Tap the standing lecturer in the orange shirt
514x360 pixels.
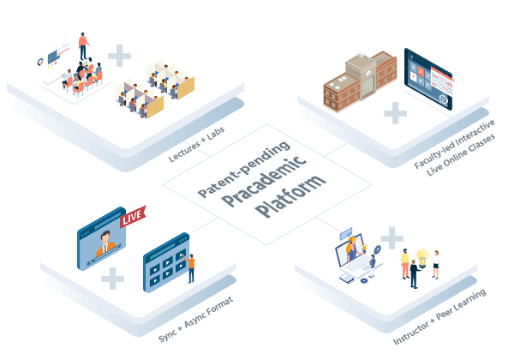click(x=83, y=45)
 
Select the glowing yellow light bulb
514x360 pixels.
click(x=423, y=255)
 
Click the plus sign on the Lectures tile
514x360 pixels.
click(x=120, y=57)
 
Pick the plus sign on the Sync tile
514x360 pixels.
click(x=112, y=278)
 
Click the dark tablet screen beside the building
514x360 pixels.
click(x=429, y=81)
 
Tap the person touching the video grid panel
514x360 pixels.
click(x=192, y=267)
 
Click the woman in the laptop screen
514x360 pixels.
click(x=351, y=249)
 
